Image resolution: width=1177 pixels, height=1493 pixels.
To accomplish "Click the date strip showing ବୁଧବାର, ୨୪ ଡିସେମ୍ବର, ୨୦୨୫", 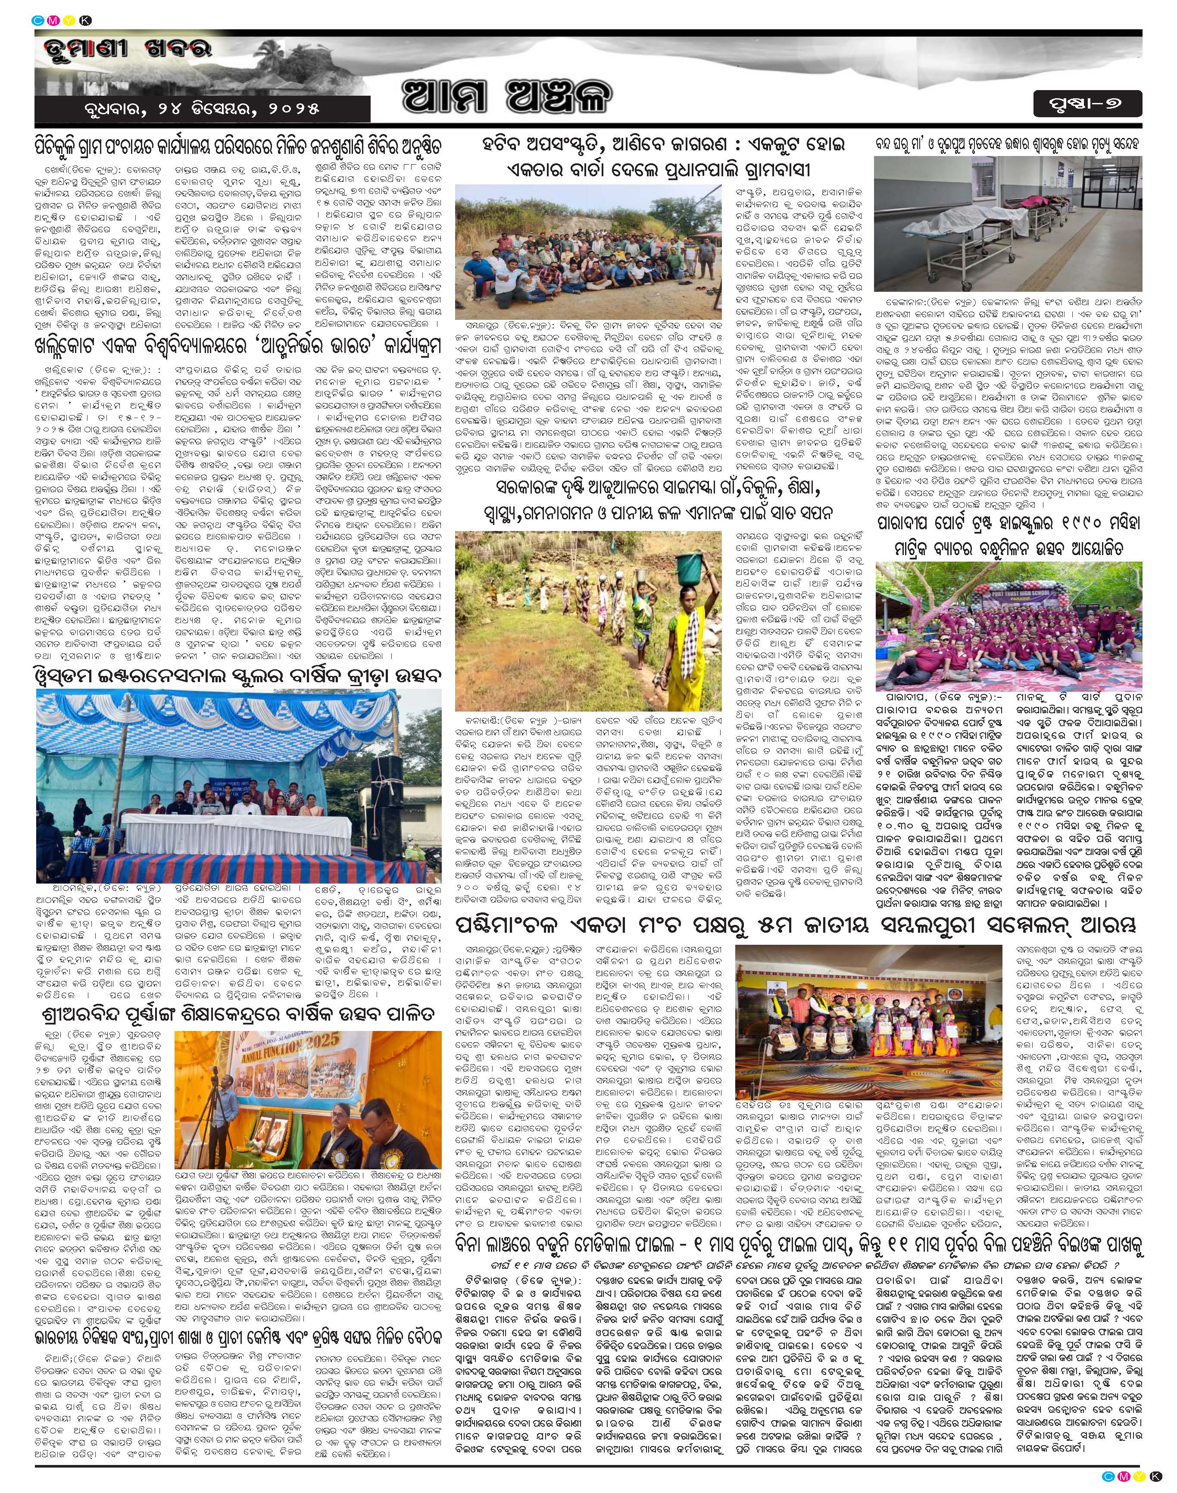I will (x=201, y=109).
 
